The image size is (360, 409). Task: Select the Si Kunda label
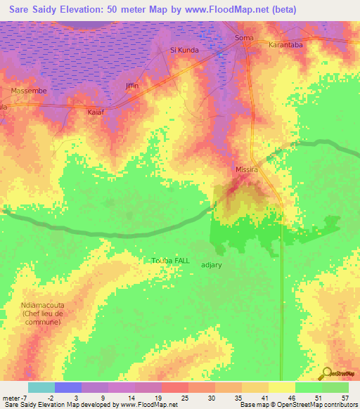[x=185, y=51]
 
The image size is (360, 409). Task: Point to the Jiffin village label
[x=132, y=85]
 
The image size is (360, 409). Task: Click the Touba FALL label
[x=171, y=260]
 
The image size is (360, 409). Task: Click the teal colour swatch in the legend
[x=41, y=387]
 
